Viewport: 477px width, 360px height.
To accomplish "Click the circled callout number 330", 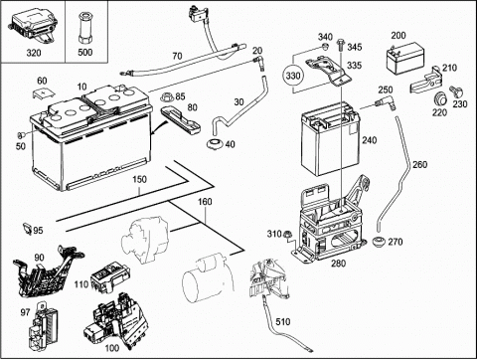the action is pos(293,76).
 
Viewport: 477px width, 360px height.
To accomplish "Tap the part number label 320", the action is pos(34,53).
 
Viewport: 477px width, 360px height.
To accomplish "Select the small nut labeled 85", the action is pos(167,97).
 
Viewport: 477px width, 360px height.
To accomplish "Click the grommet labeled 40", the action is pos(214,144).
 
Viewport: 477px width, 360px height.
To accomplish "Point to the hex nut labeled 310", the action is pos(287,235).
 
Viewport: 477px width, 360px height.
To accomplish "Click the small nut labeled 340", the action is pos(325,46).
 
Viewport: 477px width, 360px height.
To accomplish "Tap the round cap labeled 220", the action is pos(440,98).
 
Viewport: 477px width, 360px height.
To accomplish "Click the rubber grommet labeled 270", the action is pos(378,242).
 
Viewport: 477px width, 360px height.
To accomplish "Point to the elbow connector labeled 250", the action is pos(385,103).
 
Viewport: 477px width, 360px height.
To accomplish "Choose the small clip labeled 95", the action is pos(27,229).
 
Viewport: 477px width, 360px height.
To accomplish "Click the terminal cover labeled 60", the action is pos(43,93).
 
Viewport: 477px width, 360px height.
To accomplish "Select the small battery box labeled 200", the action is pos(404,59).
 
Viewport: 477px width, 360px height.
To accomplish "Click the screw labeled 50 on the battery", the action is pos(21,135).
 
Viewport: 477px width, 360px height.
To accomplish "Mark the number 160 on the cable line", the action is pos(205,202).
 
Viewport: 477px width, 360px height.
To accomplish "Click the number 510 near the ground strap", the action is pos(282,321).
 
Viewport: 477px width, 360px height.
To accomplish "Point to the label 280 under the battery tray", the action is pos(338,264).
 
